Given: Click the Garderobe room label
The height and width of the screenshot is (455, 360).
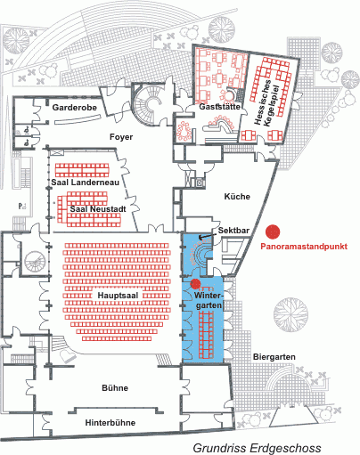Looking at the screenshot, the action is coord(75,107).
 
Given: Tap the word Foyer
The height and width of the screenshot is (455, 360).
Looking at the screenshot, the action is coord(121,137).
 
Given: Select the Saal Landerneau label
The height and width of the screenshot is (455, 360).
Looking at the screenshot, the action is coord(86,183).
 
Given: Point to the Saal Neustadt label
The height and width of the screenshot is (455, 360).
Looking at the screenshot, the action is coord(98,209).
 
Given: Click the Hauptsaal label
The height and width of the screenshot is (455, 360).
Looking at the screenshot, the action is coord(118,296).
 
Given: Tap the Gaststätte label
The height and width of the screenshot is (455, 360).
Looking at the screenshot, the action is coord(219,107).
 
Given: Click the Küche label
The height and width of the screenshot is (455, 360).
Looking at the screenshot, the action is coord(237,197).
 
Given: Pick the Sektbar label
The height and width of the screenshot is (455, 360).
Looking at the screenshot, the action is coord(233,231).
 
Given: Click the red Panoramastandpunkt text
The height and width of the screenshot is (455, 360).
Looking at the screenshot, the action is coord(304,247).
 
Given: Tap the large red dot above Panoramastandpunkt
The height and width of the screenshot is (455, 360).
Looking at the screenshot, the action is coord(273,232).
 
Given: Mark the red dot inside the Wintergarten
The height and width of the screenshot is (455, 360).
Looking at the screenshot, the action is coord(195,284).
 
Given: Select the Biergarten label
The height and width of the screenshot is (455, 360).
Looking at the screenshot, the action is coord(274,357).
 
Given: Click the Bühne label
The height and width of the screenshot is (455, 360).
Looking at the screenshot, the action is coord(115,388).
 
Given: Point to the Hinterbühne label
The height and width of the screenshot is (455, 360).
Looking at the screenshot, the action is coord(110,423).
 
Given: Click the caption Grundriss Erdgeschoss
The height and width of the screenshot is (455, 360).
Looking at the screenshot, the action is coord(258,448).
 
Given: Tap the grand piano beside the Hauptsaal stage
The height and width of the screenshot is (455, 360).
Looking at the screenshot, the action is coord(67,355).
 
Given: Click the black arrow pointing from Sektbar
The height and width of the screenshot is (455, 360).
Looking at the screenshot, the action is coord(208,236).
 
